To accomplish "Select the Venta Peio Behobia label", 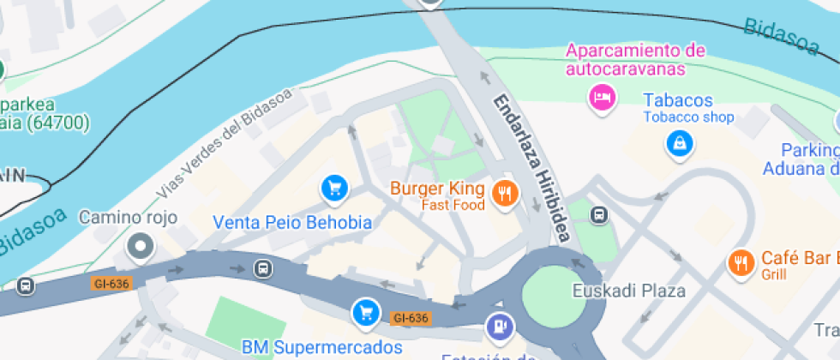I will coord(292,223).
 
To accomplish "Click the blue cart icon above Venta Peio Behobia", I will coord(333,188).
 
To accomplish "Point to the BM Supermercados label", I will coord(321,347).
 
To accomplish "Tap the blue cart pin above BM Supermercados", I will coord(366,312).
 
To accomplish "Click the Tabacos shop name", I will coord(678,100).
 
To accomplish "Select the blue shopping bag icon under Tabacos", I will coord(679,143).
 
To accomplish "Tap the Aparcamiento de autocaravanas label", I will coord(635,59).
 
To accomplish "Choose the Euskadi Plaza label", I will coord(629,291).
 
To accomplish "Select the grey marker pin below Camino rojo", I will coord(139,248).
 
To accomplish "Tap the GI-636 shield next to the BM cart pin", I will coord(411,318).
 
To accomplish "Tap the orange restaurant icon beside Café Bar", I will coord(741,263).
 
